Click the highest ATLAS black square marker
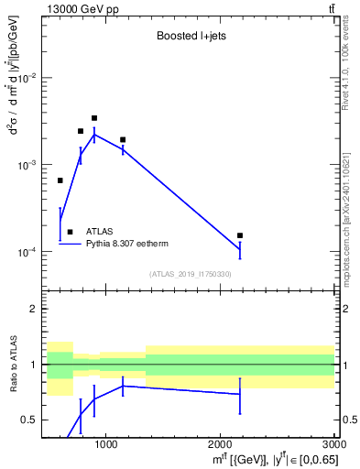94,118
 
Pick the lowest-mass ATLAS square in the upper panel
60,180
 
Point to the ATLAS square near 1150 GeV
123,140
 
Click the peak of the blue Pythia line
94,135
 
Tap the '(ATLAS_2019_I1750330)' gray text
191,274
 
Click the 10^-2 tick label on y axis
27,79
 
